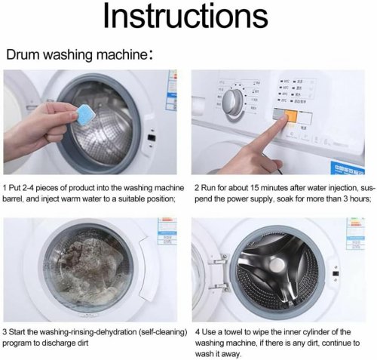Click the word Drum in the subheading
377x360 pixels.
coord(23,55)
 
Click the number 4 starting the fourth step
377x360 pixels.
coord(198,330)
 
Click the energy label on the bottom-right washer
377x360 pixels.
coord(355,234)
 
